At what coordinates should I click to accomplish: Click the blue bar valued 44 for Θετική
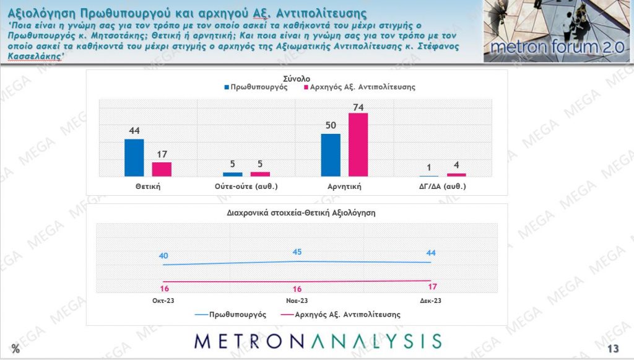point(134,158)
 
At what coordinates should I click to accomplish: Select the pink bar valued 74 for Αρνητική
point(358,145)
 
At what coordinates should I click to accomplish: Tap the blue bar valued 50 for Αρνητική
point(331,155)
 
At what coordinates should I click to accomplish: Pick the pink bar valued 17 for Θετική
point(162,169)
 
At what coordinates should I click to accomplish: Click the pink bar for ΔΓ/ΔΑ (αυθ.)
point(456,175)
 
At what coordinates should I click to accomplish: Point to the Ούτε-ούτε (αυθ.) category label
point(246,186)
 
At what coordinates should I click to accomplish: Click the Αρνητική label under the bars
point(344,186)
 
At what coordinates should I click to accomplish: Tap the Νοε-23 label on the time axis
point(297,301)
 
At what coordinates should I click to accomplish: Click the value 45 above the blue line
point(297,252)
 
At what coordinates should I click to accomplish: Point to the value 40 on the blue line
point(163,255)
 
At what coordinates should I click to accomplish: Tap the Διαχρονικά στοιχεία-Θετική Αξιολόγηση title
point(297,212)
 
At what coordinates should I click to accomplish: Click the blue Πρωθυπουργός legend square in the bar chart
point(227,88)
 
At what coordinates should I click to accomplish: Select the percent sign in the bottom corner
point(15,349)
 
